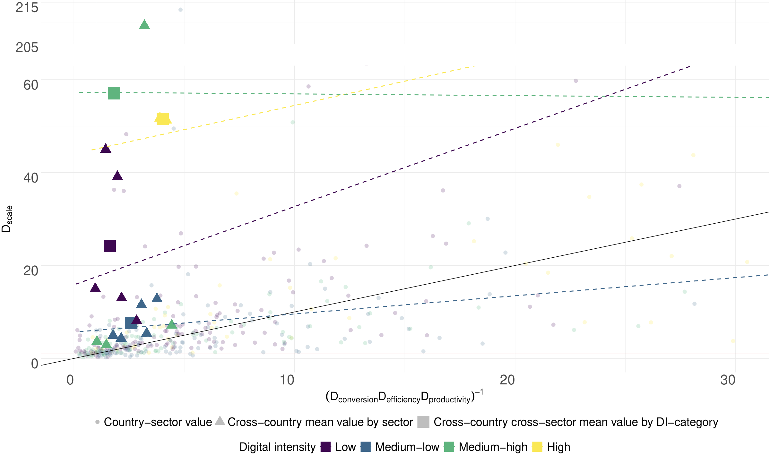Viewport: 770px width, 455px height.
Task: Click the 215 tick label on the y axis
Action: coord(27,8)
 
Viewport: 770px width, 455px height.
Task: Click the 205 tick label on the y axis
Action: coord(27,47)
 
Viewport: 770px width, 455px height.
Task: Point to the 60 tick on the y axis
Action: coord(31,85)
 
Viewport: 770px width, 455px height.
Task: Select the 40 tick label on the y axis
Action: coord(31,178)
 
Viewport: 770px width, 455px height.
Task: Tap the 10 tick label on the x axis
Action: coord(287,380)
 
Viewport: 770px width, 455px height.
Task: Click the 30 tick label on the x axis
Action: coord(728,380)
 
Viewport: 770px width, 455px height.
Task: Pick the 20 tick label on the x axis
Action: coord(507,380)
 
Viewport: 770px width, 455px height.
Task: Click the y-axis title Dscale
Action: coord(7,219)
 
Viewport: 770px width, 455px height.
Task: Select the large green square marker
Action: coord(114,93)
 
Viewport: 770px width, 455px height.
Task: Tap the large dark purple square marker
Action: coord(110,246)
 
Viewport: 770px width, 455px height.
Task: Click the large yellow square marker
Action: coord(163,119)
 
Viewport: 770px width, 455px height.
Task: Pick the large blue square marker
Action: coord(131,323)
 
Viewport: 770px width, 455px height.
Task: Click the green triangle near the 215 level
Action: coord(144,25)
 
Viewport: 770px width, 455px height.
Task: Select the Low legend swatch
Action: coord(325,447)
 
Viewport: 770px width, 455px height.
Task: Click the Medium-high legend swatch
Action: coord(449,447)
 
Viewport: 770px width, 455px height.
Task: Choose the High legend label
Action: coord(558,447)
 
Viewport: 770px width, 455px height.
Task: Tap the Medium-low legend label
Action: coord(407,447)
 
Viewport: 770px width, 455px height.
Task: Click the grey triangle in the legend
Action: coord(220,421)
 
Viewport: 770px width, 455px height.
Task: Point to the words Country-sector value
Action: coord(158,422)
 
